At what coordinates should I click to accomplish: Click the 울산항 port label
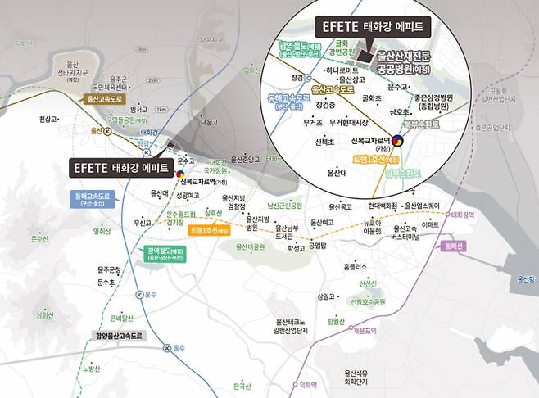coord(522,279)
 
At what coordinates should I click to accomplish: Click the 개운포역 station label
coord(363,331)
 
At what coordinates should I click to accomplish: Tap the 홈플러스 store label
coord(356,266)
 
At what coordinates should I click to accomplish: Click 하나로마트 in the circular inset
coord(317,71)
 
